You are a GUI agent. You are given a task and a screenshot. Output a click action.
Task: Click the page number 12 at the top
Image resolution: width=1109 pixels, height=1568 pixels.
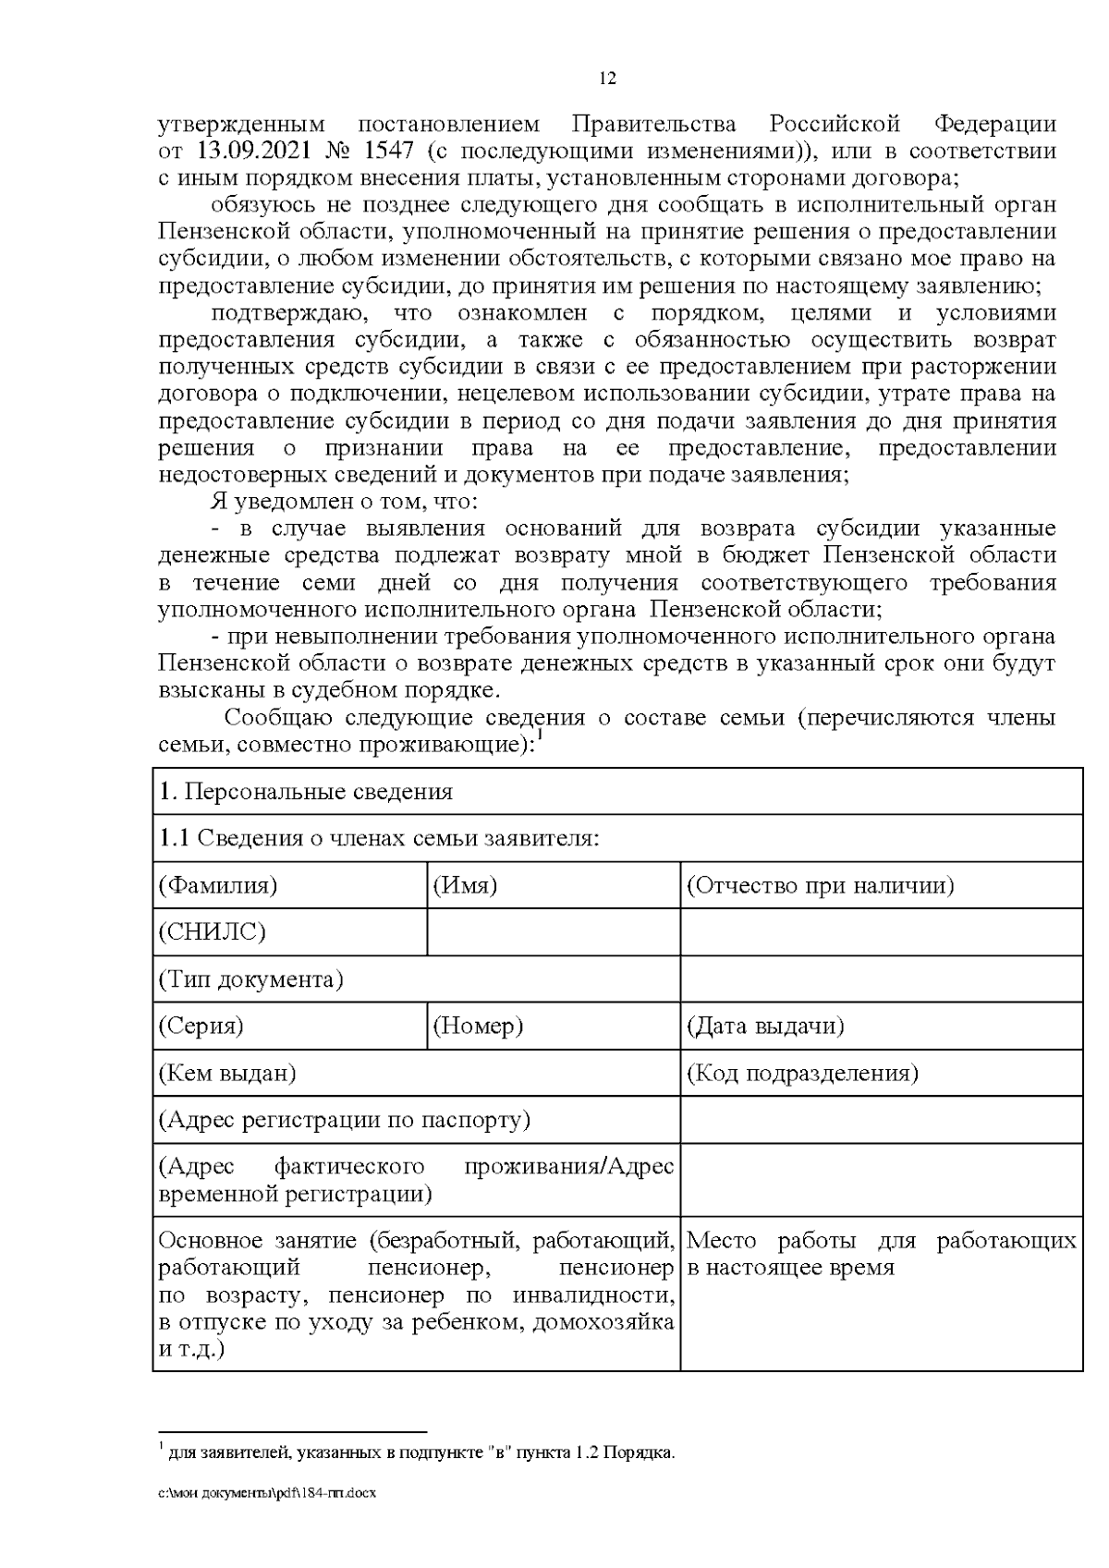pos(607,79)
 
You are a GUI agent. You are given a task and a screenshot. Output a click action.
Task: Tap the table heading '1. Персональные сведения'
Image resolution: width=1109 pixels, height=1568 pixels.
pos(306,792)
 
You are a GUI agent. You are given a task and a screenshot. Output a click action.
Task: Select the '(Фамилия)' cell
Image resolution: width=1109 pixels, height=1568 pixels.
pos(218,885)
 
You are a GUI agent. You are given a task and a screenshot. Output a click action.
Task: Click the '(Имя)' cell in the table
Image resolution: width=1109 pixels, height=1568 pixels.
pos(466,885)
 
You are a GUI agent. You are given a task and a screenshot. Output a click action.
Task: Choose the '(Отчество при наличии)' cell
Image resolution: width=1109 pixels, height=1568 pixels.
pos(820,885)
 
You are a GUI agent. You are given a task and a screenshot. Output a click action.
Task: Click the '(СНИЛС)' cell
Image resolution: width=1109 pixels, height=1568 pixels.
pos(213,931)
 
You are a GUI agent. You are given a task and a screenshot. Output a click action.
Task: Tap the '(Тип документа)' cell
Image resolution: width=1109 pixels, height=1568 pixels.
pos(251,979)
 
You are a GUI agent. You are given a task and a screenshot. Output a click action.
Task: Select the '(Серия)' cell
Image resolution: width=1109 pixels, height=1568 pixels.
pos(201,1026)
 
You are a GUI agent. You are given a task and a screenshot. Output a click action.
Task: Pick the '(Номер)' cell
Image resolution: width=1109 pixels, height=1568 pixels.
pos(479,1026)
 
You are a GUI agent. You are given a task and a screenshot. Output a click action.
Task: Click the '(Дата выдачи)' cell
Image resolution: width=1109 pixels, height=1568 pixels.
pos(765,1026)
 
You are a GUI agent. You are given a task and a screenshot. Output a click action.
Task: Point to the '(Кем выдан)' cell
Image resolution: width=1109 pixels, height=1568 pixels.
pos(227,1073)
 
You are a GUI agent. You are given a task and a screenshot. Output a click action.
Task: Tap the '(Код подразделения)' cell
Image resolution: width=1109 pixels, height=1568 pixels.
pos(802,1073)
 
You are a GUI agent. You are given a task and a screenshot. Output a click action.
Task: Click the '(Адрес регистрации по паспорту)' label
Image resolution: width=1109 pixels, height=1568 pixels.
pos(345,1120)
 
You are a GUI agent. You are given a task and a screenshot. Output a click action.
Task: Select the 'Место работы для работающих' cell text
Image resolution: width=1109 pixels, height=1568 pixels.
pos(882,1253)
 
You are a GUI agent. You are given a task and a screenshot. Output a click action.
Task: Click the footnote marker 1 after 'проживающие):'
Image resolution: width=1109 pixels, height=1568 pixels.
pos(540,736)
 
